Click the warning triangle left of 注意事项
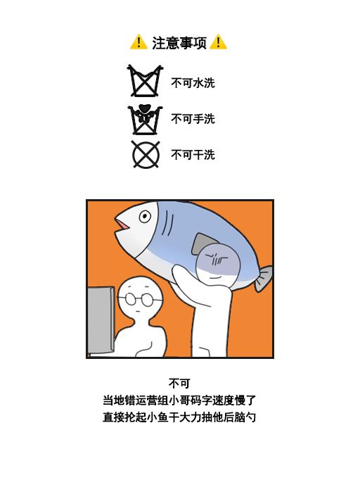pyautogui.click(x=138, y=42)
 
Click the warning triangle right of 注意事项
pyautogui.click(x=218, y=42)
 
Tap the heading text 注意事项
pyautogui.click(x=179, y=43)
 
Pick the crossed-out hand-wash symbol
pyautogui.click(x=145, y=118)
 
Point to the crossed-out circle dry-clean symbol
pyautogui.click(x=146, y=154)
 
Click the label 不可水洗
pyautogui.click(x=193, y=83)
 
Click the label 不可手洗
pyautogui.click(x=193, y=119)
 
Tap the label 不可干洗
pyautogui.click(x=193, y=154)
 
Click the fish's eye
pyautogui.click(x=144, y=216)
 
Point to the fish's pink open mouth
pyautogui.click(x=122, y=225)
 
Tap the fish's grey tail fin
pyautogui.click(x=262, y=279)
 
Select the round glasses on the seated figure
pyautogui.click(x=141, y=298)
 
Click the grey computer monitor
pyautogui.click(x=100, y=320)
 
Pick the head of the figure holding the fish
pyautogui.click(x=218, y=264)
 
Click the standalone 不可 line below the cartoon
pyautogui.click(x=179, y=384)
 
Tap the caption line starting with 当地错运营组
pyautogui.click(x=179, y=400)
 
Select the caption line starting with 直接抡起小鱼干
pyautogui.click(x=179, y=417)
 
